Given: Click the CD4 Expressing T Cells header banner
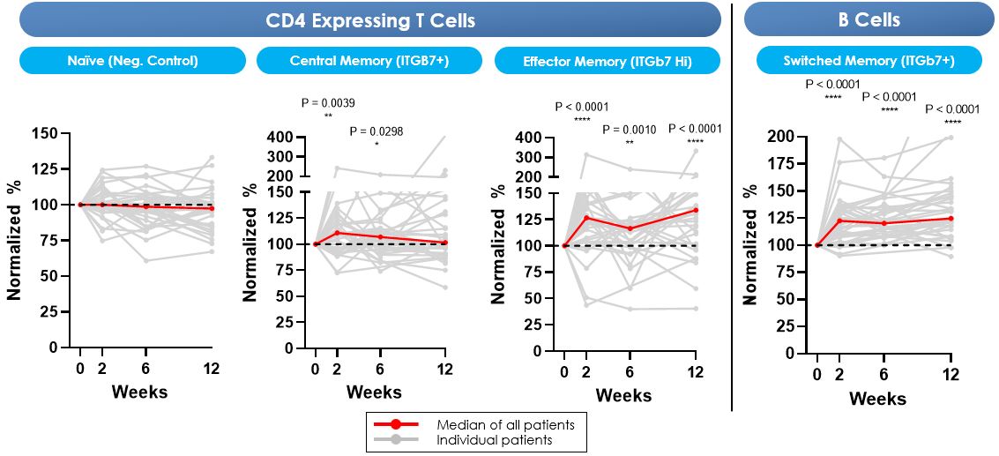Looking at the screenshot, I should (369, 19).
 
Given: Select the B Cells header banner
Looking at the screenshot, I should (869, 19).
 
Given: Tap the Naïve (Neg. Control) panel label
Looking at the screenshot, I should (132, 61).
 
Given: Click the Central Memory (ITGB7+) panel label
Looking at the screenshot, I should (369, 61).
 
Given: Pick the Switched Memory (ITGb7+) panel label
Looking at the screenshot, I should (869, 61).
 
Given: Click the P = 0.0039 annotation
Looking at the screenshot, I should (328, 103).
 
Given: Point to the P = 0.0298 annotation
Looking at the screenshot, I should (376, 131).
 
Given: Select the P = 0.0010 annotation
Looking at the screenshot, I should (630, 130).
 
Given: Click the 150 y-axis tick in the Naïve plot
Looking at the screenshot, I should (45, 133).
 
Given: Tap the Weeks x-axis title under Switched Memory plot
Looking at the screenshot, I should (877, 399).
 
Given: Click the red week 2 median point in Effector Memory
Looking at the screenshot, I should (585, 217).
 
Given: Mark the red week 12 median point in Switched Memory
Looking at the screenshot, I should (951, 218).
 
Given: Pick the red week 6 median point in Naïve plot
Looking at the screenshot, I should (146, 206).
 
